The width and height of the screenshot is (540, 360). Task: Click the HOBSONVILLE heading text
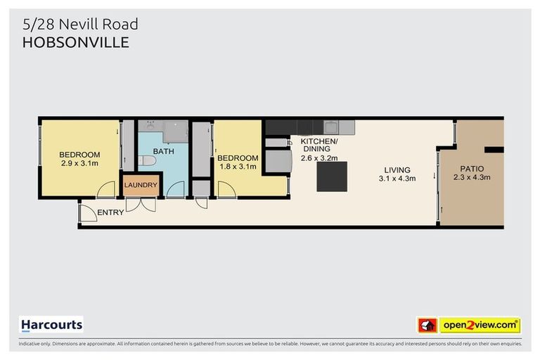pyautogui.click(x=76, y=42)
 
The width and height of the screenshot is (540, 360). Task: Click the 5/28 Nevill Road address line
pyautogui.click(x=80, y=24)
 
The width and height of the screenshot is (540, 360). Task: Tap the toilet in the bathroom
pyautogui.click(x=146, y=162)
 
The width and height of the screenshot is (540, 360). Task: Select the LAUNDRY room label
pyautogui.click(x=141, y=186)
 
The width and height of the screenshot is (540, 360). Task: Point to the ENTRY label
pyautogui.click(x=110, y=212)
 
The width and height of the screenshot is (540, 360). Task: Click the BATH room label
pyautogui.click(x=163, y=151)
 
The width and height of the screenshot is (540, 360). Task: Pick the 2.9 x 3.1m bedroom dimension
pyautogui.click(x=79, y=164)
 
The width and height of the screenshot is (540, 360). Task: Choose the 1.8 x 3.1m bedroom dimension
pyautogui.click(x=236, y=167)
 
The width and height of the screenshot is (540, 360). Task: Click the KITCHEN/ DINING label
pyautogui.click(x=320, y=145)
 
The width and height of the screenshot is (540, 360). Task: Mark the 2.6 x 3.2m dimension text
pyautogui.click(x=320, y=158)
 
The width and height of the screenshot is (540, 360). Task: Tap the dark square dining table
pyautogui.click(x=331, y=176)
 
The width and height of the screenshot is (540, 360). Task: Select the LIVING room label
pyautogui.click(x=397, y=169)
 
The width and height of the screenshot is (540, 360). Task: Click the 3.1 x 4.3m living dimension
pyautogui.click(x=397, y=179)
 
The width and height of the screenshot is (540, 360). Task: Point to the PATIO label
pyautogui.click(x=471, y=169)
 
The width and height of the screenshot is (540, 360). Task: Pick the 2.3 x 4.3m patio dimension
pyautogui.click(x=471, y=178)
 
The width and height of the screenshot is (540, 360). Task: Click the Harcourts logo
pyautogui.click(x=51, y=325)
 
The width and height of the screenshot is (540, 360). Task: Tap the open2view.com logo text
pyautogui.click(x=480, y=326)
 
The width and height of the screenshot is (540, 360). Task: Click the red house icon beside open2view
pyautogui.click(x=427, y=326)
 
